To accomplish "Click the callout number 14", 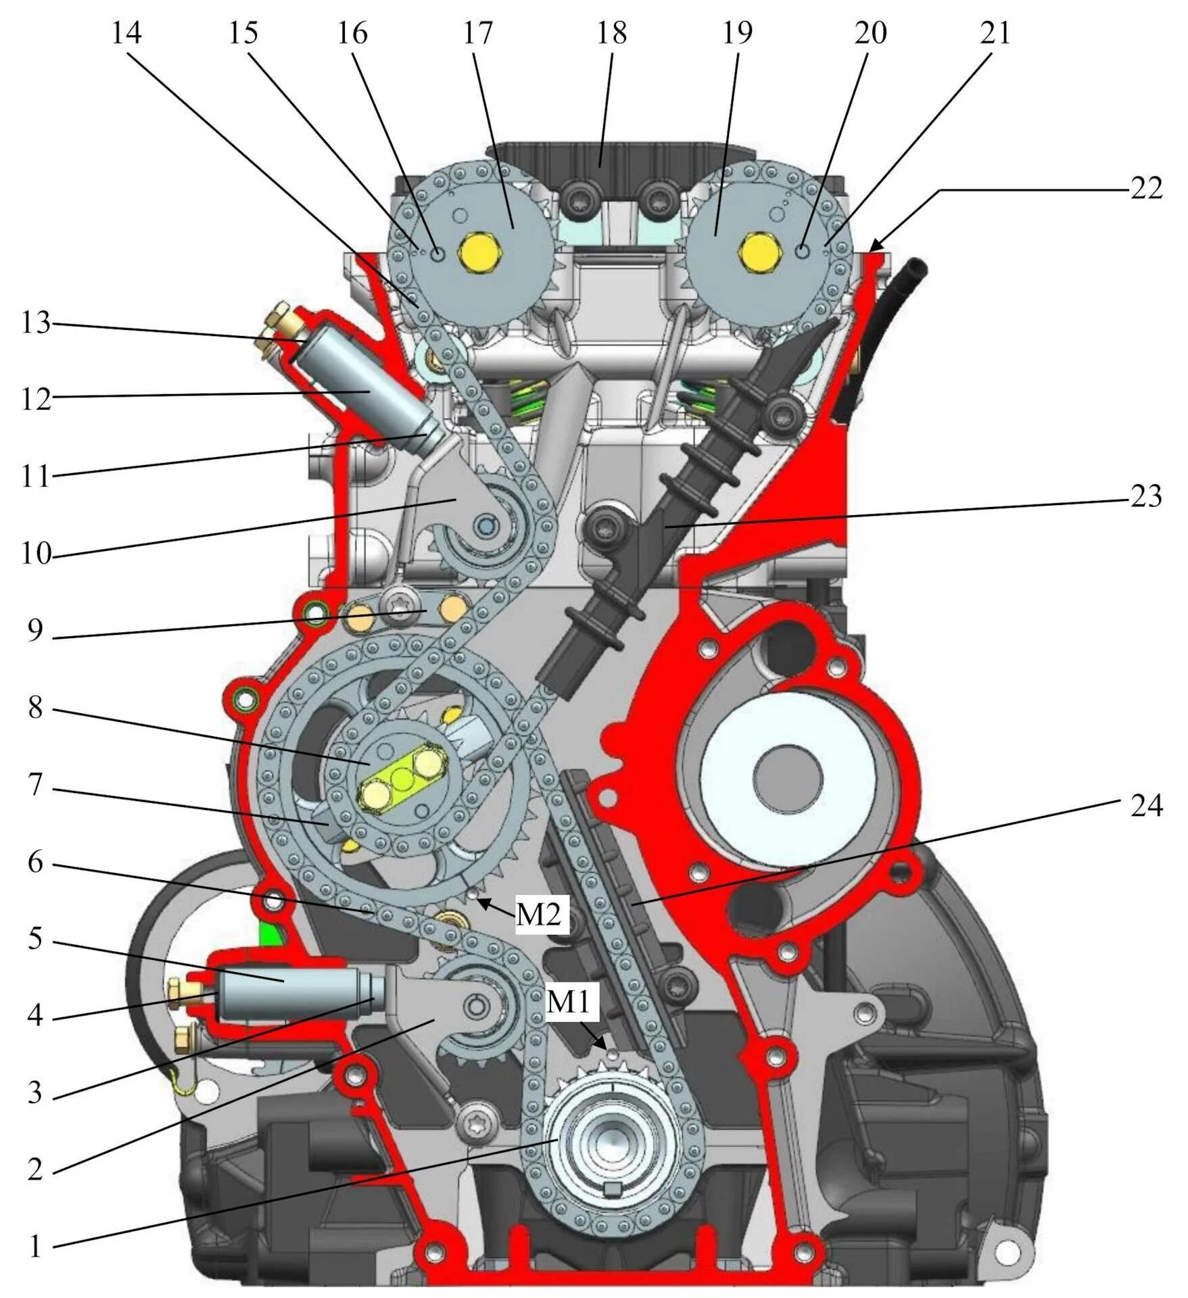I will click(126, 33).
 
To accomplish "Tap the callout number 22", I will click(1146, 189).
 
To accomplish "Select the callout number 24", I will click(1146, 806).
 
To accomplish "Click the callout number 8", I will click(36, 708).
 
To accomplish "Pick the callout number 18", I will click(611, 33).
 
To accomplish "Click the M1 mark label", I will click(568, 1003).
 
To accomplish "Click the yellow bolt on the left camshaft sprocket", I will click(481, 254).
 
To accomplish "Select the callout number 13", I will click(36, 323).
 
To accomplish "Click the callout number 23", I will click(1146, 497).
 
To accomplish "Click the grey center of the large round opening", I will click(787, 777).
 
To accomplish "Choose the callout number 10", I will click(36, 554).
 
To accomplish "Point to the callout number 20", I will click(870, 33).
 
